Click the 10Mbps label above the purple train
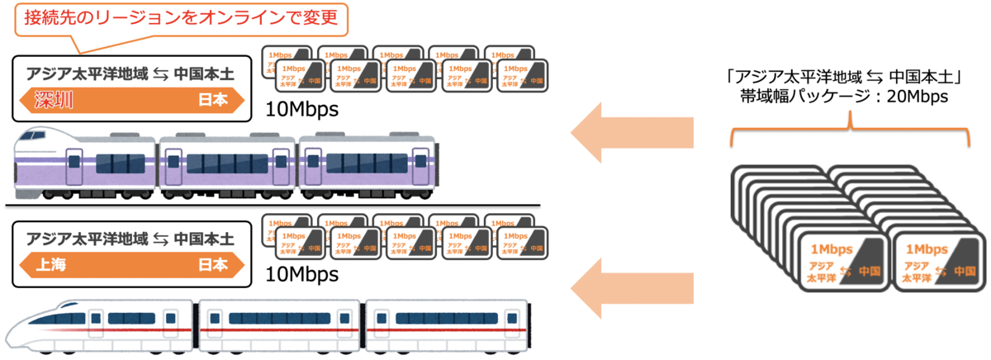tap(302, 109)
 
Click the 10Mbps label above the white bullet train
tap(302, 273)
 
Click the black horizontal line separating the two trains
tap(273, 204)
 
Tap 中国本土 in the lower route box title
tap(203, 239)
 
